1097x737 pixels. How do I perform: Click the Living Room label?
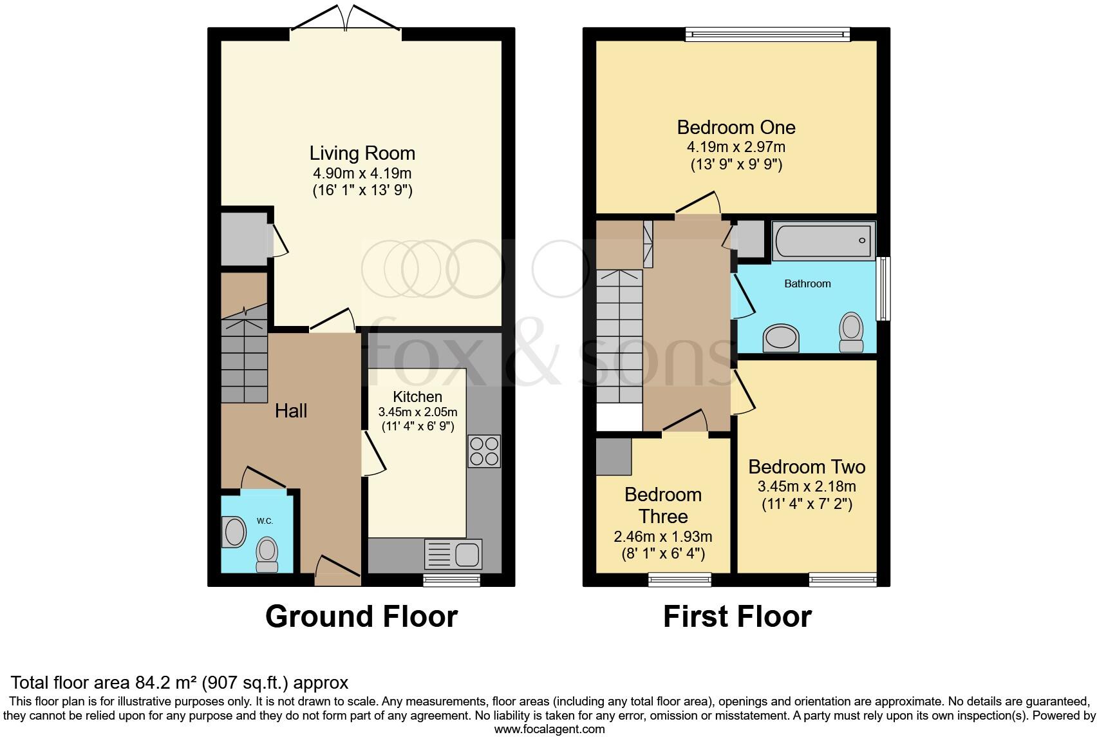point(362,153)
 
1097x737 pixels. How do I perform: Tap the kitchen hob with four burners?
point(483,451)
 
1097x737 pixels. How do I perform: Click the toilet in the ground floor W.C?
point(267,555)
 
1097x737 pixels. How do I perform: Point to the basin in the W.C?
point(233,533)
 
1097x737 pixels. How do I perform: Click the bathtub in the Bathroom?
point(823,241)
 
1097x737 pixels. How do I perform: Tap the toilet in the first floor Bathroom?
point(852,331)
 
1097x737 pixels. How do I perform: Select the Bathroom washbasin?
point(780,338)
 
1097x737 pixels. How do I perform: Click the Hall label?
point(291,411)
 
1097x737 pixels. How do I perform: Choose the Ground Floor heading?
point(361,617)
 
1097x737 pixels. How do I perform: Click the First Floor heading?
point(737,617)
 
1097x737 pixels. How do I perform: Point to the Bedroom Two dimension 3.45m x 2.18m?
point(807,487)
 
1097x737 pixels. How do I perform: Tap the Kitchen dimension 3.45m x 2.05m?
point(418,412)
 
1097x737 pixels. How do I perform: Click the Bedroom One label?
point(736,127)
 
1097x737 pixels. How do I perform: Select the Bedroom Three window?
point(680,579)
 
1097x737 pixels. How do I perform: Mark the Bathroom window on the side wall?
point(885,288)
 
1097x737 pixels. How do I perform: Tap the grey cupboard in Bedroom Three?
point(613,457)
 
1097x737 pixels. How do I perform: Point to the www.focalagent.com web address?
point(549,729)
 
